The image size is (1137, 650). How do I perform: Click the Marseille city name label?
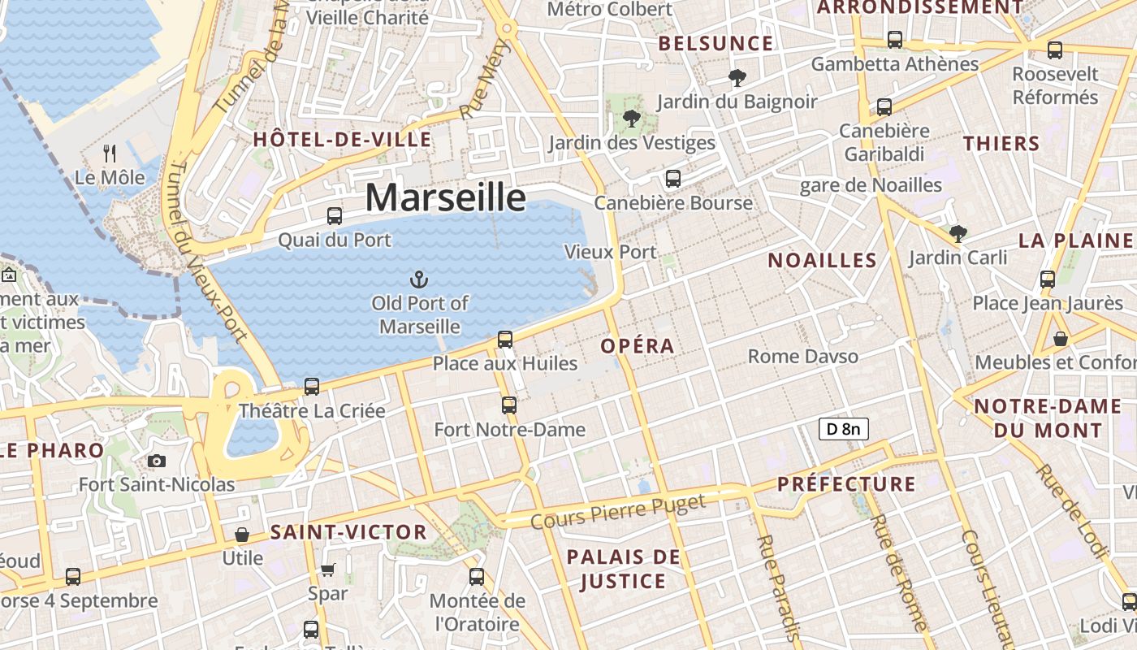445,197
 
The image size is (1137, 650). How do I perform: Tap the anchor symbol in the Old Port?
419,280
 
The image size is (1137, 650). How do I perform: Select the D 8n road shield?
844,429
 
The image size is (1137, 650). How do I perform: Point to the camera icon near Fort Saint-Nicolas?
157,461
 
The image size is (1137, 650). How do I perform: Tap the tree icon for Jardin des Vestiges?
631,119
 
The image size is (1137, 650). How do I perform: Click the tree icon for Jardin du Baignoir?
737,78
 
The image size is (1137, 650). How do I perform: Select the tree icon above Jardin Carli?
958,234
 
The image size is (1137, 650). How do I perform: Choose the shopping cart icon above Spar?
327,570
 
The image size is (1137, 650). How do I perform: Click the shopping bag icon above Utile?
241,535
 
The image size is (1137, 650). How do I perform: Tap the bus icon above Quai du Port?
334,216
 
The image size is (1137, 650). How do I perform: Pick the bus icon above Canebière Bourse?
672,179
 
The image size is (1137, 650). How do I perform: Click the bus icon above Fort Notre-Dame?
509,405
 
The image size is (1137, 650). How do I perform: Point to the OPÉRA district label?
638,346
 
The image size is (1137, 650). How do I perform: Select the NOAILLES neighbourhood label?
822,261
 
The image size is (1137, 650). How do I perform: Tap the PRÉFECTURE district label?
846,485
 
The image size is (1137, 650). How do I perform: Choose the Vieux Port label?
610,252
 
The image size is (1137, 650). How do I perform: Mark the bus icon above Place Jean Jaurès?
1047,279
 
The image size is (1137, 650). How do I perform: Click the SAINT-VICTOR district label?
348,533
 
